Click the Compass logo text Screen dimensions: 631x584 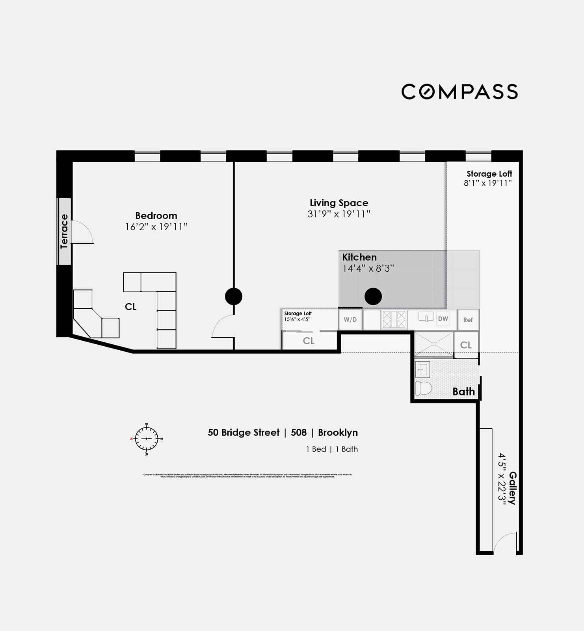(459, 91)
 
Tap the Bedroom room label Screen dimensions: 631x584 (156, 216)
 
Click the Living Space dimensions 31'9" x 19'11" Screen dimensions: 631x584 (339, 214)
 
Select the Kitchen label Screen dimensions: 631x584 (359, 257)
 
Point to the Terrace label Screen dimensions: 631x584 (64, 231)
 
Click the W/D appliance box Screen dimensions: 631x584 (350, 319)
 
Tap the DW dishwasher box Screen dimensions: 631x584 (443, 319)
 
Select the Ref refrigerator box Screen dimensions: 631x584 (468, 320)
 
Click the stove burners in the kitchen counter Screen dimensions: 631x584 (394, 319)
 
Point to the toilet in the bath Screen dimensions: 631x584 (423, 388)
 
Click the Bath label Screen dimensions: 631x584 (463, 392)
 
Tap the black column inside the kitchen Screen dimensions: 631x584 (373, 296)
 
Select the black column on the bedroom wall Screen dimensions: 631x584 (234, 296)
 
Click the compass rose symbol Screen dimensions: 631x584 (147, 439)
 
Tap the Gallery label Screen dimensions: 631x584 (512, 488)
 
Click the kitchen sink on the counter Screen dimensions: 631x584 (426, 317)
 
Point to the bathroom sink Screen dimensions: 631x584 (422, 370)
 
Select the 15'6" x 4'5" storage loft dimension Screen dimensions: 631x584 (297, 319)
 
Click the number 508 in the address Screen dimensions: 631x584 (299, 433)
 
